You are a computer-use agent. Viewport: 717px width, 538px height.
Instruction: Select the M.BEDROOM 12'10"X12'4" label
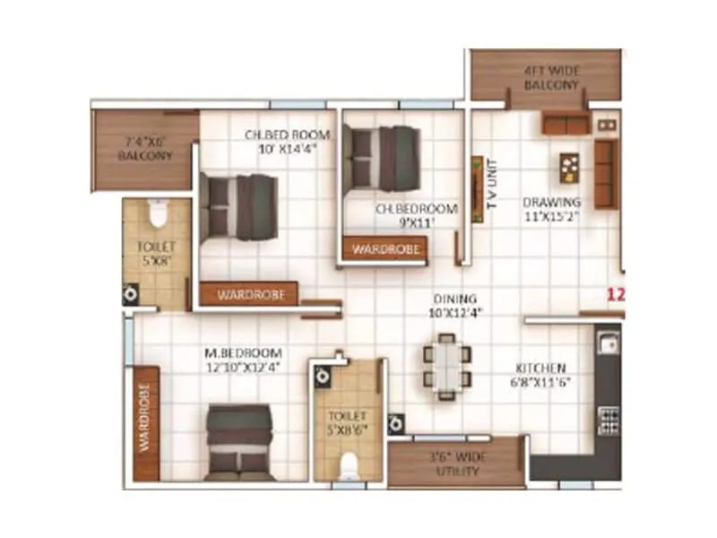(242, 359)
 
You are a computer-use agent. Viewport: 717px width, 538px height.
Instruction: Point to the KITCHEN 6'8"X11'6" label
(540, 375)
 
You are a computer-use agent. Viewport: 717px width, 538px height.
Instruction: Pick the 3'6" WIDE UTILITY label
(456, 464)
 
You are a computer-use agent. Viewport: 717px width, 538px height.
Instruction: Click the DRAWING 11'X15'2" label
(552, 208)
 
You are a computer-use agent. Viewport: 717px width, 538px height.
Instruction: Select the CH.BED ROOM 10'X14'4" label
(287, 142)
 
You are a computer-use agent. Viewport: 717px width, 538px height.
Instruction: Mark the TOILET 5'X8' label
(157, 252)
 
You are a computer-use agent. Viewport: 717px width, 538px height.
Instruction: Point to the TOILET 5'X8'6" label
(348, 423)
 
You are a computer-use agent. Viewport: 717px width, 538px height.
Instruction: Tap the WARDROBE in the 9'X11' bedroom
(386, 249)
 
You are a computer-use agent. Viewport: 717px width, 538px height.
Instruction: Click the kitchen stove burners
(609, 420)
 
